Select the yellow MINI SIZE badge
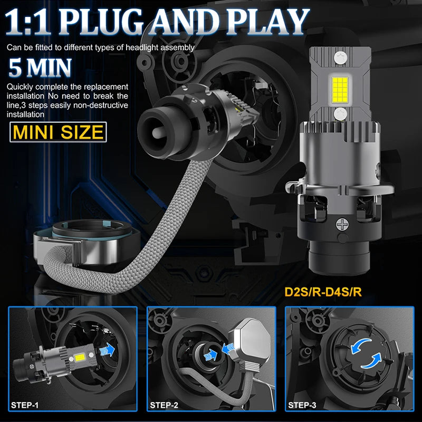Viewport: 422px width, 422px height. pos(58,132)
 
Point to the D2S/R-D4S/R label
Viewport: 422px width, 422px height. pos(323,292)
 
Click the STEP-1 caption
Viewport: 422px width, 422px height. pos(24,405)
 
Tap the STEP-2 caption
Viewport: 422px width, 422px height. pos(164,405)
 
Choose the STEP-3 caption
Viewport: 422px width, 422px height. pos(302,405)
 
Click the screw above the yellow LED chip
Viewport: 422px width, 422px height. pos(341,58)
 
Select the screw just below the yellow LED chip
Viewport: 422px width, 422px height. pos(340,113)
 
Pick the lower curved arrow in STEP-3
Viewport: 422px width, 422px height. pos(372,361)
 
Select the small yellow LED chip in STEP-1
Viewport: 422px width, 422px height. pos(80,358)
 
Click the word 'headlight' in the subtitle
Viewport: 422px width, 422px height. pos(142,47)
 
